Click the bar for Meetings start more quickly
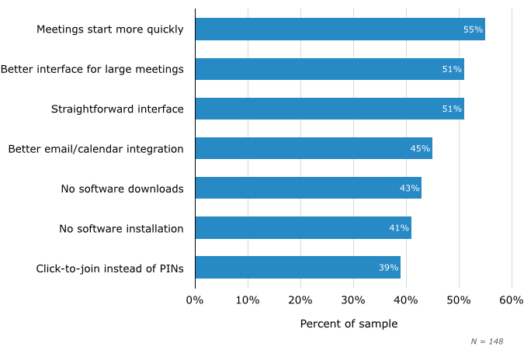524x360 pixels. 340,29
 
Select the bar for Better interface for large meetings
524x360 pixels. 329,69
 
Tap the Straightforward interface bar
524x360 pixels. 329,109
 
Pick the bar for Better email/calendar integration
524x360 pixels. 314,148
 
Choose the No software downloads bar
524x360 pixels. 308,188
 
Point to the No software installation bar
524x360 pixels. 303,227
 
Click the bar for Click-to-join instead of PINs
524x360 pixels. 297,267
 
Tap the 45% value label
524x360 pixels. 420,148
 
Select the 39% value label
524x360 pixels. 388,267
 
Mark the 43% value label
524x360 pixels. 409,188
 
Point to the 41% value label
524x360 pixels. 399,227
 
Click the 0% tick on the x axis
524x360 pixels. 195,299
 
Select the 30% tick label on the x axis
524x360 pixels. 353,299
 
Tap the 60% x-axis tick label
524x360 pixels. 512,299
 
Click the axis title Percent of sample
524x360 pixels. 349,324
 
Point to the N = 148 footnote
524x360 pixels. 487,341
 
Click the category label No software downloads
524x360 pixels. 122,189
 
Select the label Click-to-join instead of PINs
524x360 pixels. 109,268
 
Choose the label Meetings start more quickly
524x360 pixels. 109,29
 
